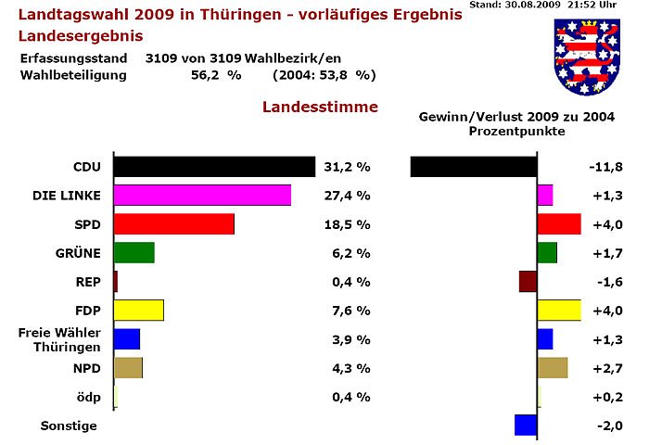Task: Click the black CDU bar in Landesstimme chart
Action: click(214, 167)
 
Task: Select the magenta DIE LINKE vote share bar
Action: click(202, 196)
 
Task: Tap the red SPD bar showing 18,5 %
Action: click(173, 224)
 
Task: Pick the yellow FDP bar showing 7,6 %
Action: click(138, 310)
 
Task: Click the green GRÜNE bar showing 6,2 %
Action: click(134, 253)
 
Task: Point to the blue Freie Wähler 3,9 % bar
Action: click(126, 338)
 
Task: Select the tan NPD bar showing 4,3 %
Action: click(128, 368)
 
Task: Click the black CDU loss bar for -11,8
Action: click(473, 167)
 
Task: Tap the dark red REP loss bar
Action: click(528, 282)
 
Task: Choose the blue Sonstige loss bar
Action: click(526, 425)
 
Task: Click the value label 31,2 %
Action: click(348, 168)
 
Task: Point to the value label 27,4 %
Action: click(348, 197)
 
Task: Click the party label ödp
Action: click(88, 397)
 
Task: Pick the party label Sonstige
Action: click(69, 426)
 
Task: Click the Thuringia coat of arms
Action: click(587, 56)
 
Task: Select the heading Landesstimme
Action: click(320, 107)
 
